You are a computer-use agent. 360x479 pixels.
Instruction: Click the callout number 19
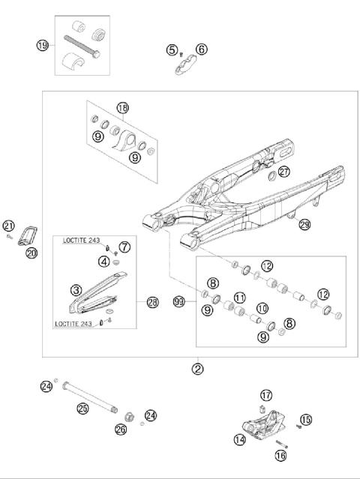click(43, 46)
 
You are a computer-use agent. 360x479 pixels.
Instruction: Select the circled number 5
click(172, 50)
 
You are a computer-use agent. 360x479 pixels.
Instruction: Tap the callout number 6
click(201, 50)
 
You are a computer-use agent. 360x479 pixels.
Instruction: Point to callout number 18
click(123, 108)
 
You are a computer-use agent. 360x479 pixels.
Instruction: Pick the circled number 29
click(304, 225)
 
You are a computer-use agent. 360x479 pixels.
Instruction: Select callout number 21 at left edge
click(8, 226)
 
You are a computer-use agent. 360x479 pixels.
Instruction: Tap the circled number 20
click(31, 253)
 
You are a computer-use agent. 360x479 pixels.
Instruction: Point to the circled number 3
click(76, 290)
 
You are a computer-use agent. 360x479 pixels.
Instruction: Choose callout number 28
click(152, 302)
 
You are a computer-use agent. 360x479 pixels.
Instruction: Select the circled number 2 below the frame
click(197, 368)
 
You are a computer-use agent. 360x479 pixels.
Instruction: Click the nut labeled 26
click(128, 416)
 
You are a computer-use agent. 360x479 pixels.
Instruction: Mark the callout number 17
click(265, 395)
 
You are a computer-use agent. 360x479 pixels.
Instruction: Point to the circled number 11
click(240, 298)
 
